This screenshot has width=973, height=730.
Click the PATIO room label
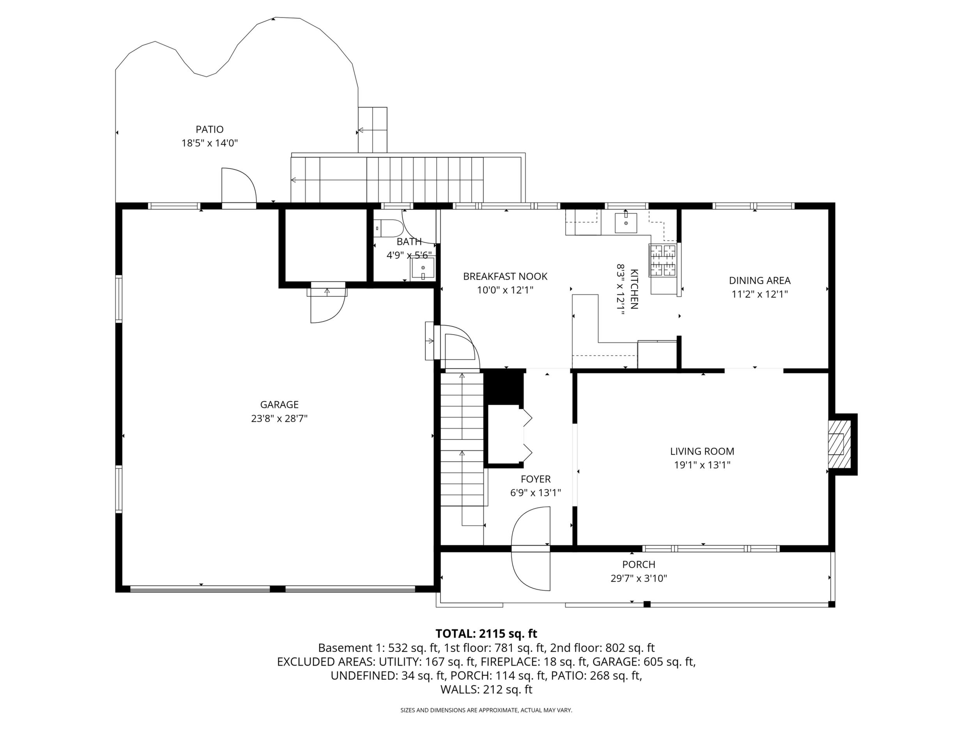tap(209, 129)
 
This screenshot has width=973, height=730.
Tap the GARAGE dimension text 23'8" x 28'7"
tap(280, 418)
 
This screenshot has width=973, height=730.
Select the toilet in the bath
tap(389, 229)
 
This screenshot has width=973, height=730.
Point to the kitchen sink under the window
tap(626, 222)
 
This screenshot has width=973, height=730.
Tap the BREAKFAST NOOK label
tap(505, 276)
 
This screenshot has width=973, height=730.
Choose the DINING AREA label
tap(760, 280)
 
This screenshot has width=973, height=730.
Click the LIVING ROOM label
tap(702, 451)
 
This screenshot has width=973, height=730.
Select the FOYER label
tap(535, 479)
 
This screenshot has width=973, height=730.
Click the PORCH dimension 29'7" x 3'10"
tap(639, 578)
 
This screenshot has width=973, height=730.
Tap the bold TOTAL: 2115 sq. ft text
tap(486, 634)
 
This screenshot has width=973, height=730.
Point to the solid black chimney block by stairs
tap(504, 388)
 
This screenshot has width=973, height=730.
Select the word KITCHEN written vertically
tap(634, 289)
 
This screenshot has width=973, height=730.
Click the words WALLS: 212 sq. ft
tap(486, 689)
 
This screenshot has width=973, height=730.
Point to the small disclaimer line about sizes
tap(486, 710)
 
